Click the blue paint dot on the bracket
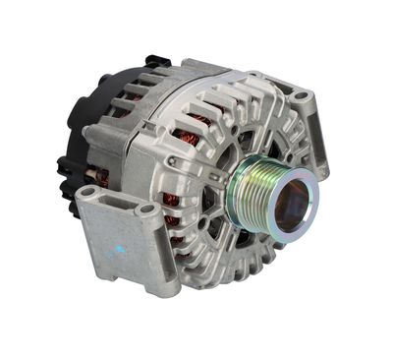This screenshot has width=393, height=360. click(x=121, y=249)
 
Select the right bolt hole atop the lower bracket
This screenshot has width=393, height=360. click(x=147, y=209)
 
